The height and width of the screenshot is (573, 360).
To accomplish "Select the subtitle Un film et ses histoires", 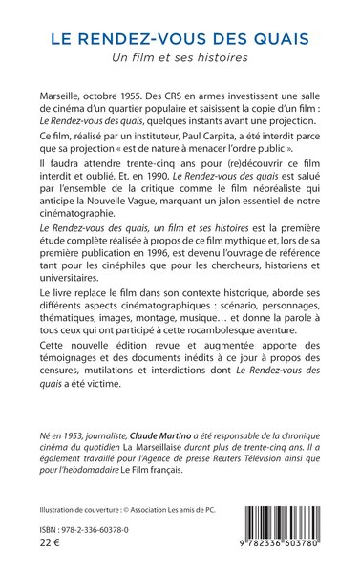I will tap(180, 60).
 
